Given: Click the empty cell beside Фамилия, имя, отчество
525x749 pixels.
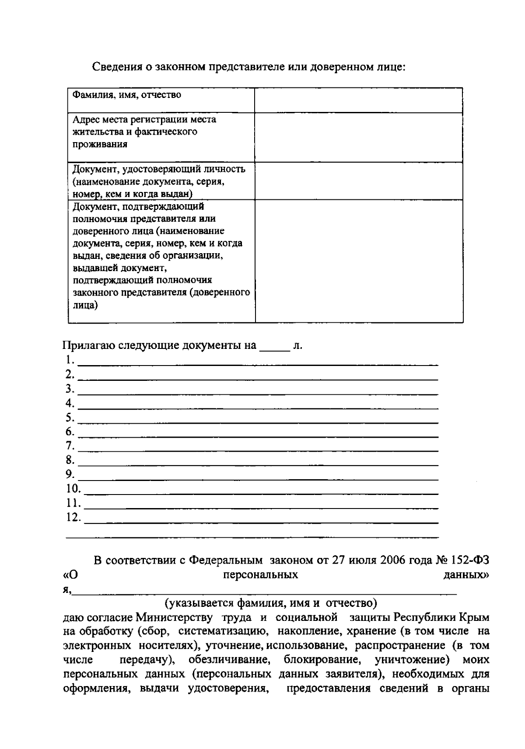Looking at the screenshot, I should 359,100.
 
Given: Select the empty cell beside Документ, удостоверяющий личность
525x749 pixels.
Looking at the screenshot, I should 359,181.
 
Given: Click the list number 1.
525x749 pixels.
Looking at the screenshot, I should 68,360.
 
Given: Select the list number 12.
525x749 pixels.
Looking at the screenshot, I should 73,517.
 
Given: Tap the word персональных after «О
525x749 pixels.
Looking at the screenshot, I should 260,575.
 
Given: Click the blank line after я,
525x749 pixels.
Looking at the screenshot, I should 265,592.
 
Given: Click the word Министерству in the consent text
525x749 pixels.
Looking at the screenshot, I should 174,617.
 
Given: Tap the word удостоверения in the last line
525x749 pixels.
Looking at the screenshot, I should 228,688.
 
